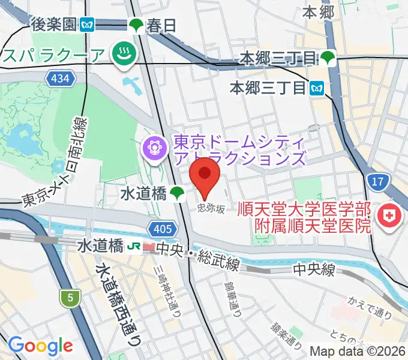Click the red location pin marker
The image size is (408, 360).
point(205,174)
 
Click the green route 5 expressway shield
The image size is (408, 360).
point(70,297)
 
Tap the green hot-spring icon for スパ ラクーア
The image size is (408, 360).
point(125,55)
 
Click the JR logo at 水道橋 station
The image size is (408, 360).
point(134,246)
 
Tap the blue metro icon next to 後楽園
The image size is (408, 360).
point(88,25)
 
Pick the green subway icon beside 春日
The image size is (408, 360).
point(136,25)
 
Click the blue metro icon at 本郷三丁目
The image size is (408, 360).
point(317,88)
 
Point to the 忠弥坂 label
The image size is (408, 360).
point(212,208)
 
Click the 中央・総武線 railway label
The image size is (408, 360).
point(198,247)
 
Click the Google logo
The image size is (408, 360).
point(40,346)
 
